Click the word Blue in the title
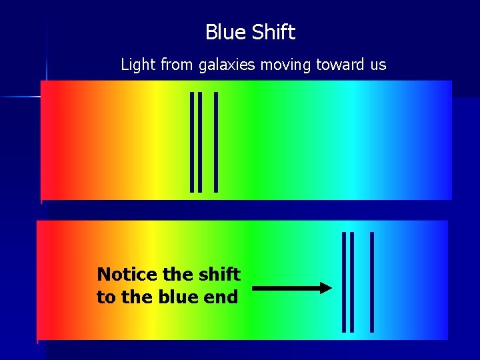point(223,32)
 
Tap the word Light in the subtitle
point(136,65)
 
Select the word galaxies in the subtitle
point(227,65)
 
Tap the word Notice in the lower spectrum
point(127,274)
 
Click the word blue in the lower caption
point(179,297)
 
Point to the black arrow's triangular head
point(325,288)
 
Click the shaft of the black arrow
point(287,288)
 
